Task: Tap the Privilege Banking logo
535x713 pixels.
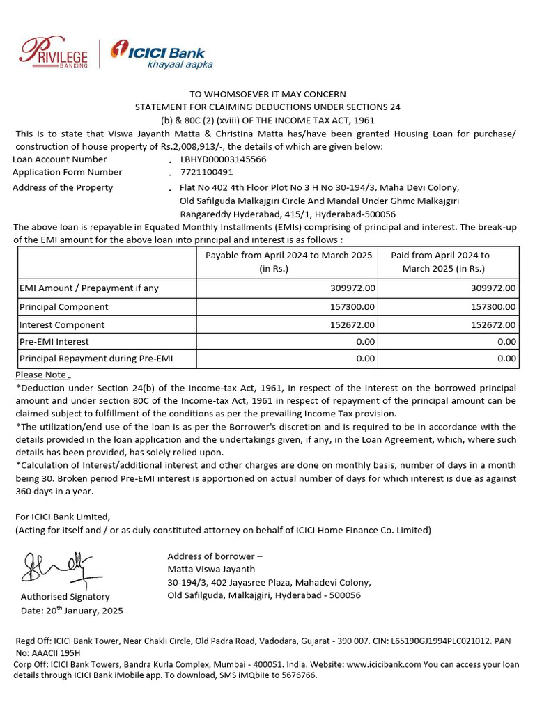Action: click(54, 53)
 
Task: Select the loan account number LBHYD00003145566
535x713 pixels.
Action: click(223, 159)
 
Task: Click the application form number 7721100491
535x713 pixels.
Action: click(207, 172)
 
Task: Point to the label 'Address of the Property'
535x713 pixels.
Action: click(63, 187)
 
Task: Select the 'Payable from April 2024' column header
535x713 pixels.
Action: click(288, 262)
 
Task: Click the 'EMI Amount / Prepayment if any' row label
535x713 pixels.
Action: click(88, 288)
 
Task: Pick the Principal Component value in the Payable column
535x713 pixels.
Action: click(351, 307)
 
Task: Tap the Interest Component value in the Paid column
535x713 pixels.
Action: click(493, 325)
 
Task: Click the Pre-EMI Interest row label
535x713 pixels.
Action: click(54, 342)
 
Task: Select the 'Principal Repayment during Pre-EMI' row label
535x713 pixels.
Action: click(96, 359)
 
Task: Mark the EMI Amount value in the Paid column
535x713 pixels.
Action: click(493, 288)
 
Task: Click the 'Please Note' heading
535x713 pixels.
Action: click(42, 375)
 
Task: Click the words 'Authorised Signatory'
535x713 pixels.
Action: click(65, 597)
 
